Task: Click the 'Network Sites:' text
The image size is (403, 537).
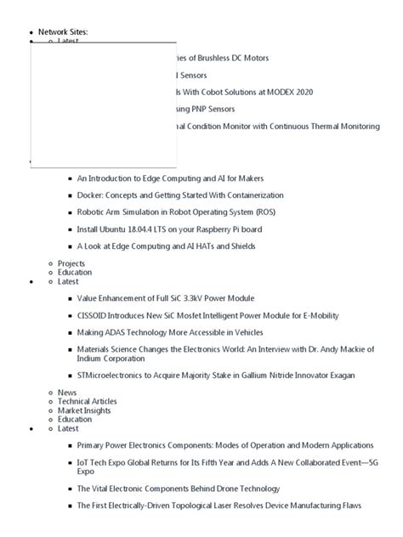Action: tap(63, 31)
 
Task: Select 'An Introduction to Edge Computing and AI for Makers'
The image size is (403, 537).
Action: tap(170, 179)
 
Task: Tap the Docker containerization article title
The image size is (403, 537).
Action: tap(179, 195)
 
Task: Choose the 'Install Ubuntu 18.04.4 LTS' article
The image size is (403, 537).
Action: tap(180, 229)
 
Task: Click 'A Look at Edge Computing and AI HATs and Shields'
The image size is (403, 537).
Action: tap(166, 246)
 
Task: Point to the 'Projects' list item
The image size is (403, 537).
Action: tap(71, 263)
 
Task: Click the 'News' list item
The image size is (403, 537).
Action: tap(67, 393)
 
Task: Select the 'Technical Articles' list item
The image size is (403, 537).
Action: tap(87, 401)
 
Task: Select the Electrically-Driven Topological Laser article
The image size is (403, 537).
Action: tap(219, 506)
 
